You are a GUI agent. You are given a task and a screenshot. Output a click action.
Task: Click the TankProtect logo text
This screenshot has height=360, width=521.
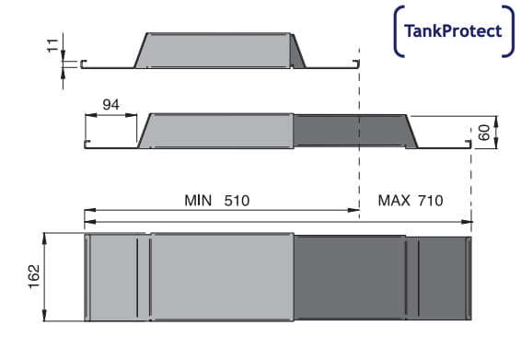tap(453, 31)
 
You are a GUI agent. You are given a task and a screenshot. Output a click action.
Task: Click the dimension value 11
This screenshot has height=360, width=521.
tap(52, 45)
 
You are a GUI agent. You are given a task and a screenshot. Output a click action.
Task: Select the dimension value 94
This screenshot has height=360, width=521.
tap(110, 105)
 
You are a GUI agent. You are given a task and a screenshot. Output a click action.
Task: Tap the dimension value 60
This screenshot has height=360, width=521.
tap(484, 133)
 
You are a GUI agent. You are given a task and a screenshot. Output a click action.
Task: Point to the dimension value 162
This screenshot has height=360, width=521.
tap(34, 276)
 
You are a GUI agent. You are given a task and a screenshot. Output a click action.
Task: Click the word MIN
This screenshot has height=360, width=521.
tap(198, 201)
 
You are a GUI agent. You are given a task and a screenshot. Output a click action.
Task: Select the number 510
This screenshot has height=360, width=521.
tap(237, 201)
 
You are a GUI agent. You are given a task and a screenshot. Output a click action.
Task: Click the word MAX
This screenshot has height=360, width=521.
tap(394, 201)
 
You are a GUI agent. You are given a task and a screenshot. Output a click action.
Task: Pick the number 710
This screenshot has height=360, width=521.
tap(430, 201)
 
